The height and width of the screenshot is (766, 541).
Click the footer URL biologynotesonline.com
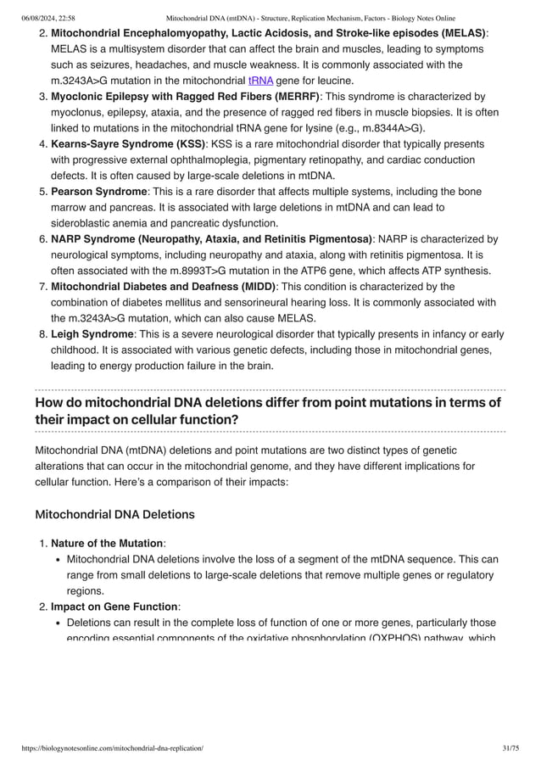point(109,749)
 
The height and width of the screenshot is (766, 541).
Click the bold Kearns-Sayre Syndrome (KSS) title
point(128,144)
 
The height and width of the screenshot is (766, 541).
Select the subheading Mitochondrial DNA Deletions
point(114,514)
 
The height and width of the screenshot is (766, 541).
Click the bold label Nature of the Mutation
point(107,543)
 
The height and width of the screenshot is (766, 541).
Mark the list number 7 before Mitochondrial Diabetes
point(42,287)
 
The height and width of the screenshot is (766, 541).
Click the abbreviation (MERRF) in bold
point(288,97)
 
